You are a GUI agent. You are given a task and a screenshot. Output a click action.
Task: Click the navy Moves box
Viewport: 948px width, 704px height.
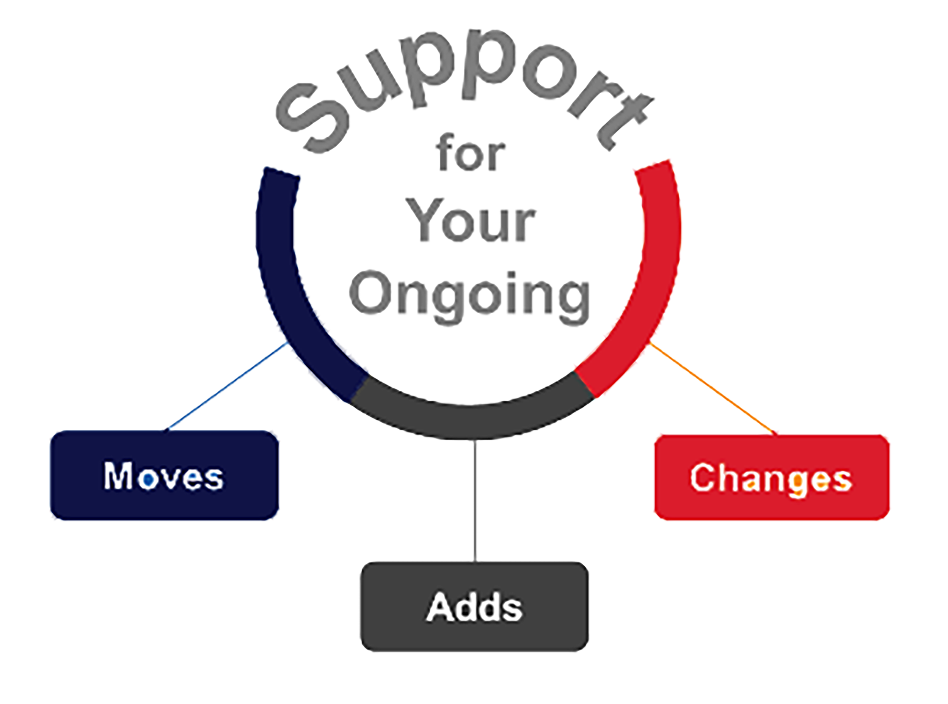coord(165,475)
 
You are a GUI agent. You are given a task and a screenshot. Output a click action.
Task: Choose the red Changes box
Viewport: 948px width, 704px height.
coord(772,477)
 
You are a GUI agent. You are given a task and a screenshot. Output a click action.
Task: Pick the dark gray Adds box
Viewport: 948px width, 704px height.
coord(474,607)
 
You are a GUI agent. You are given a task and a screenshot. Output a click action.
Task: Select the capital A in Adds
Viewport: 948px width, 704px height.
coord(439,607)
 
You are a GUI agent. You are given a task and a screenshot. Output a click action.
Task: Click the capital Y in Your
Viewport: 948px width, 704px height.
coord(422,220)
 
